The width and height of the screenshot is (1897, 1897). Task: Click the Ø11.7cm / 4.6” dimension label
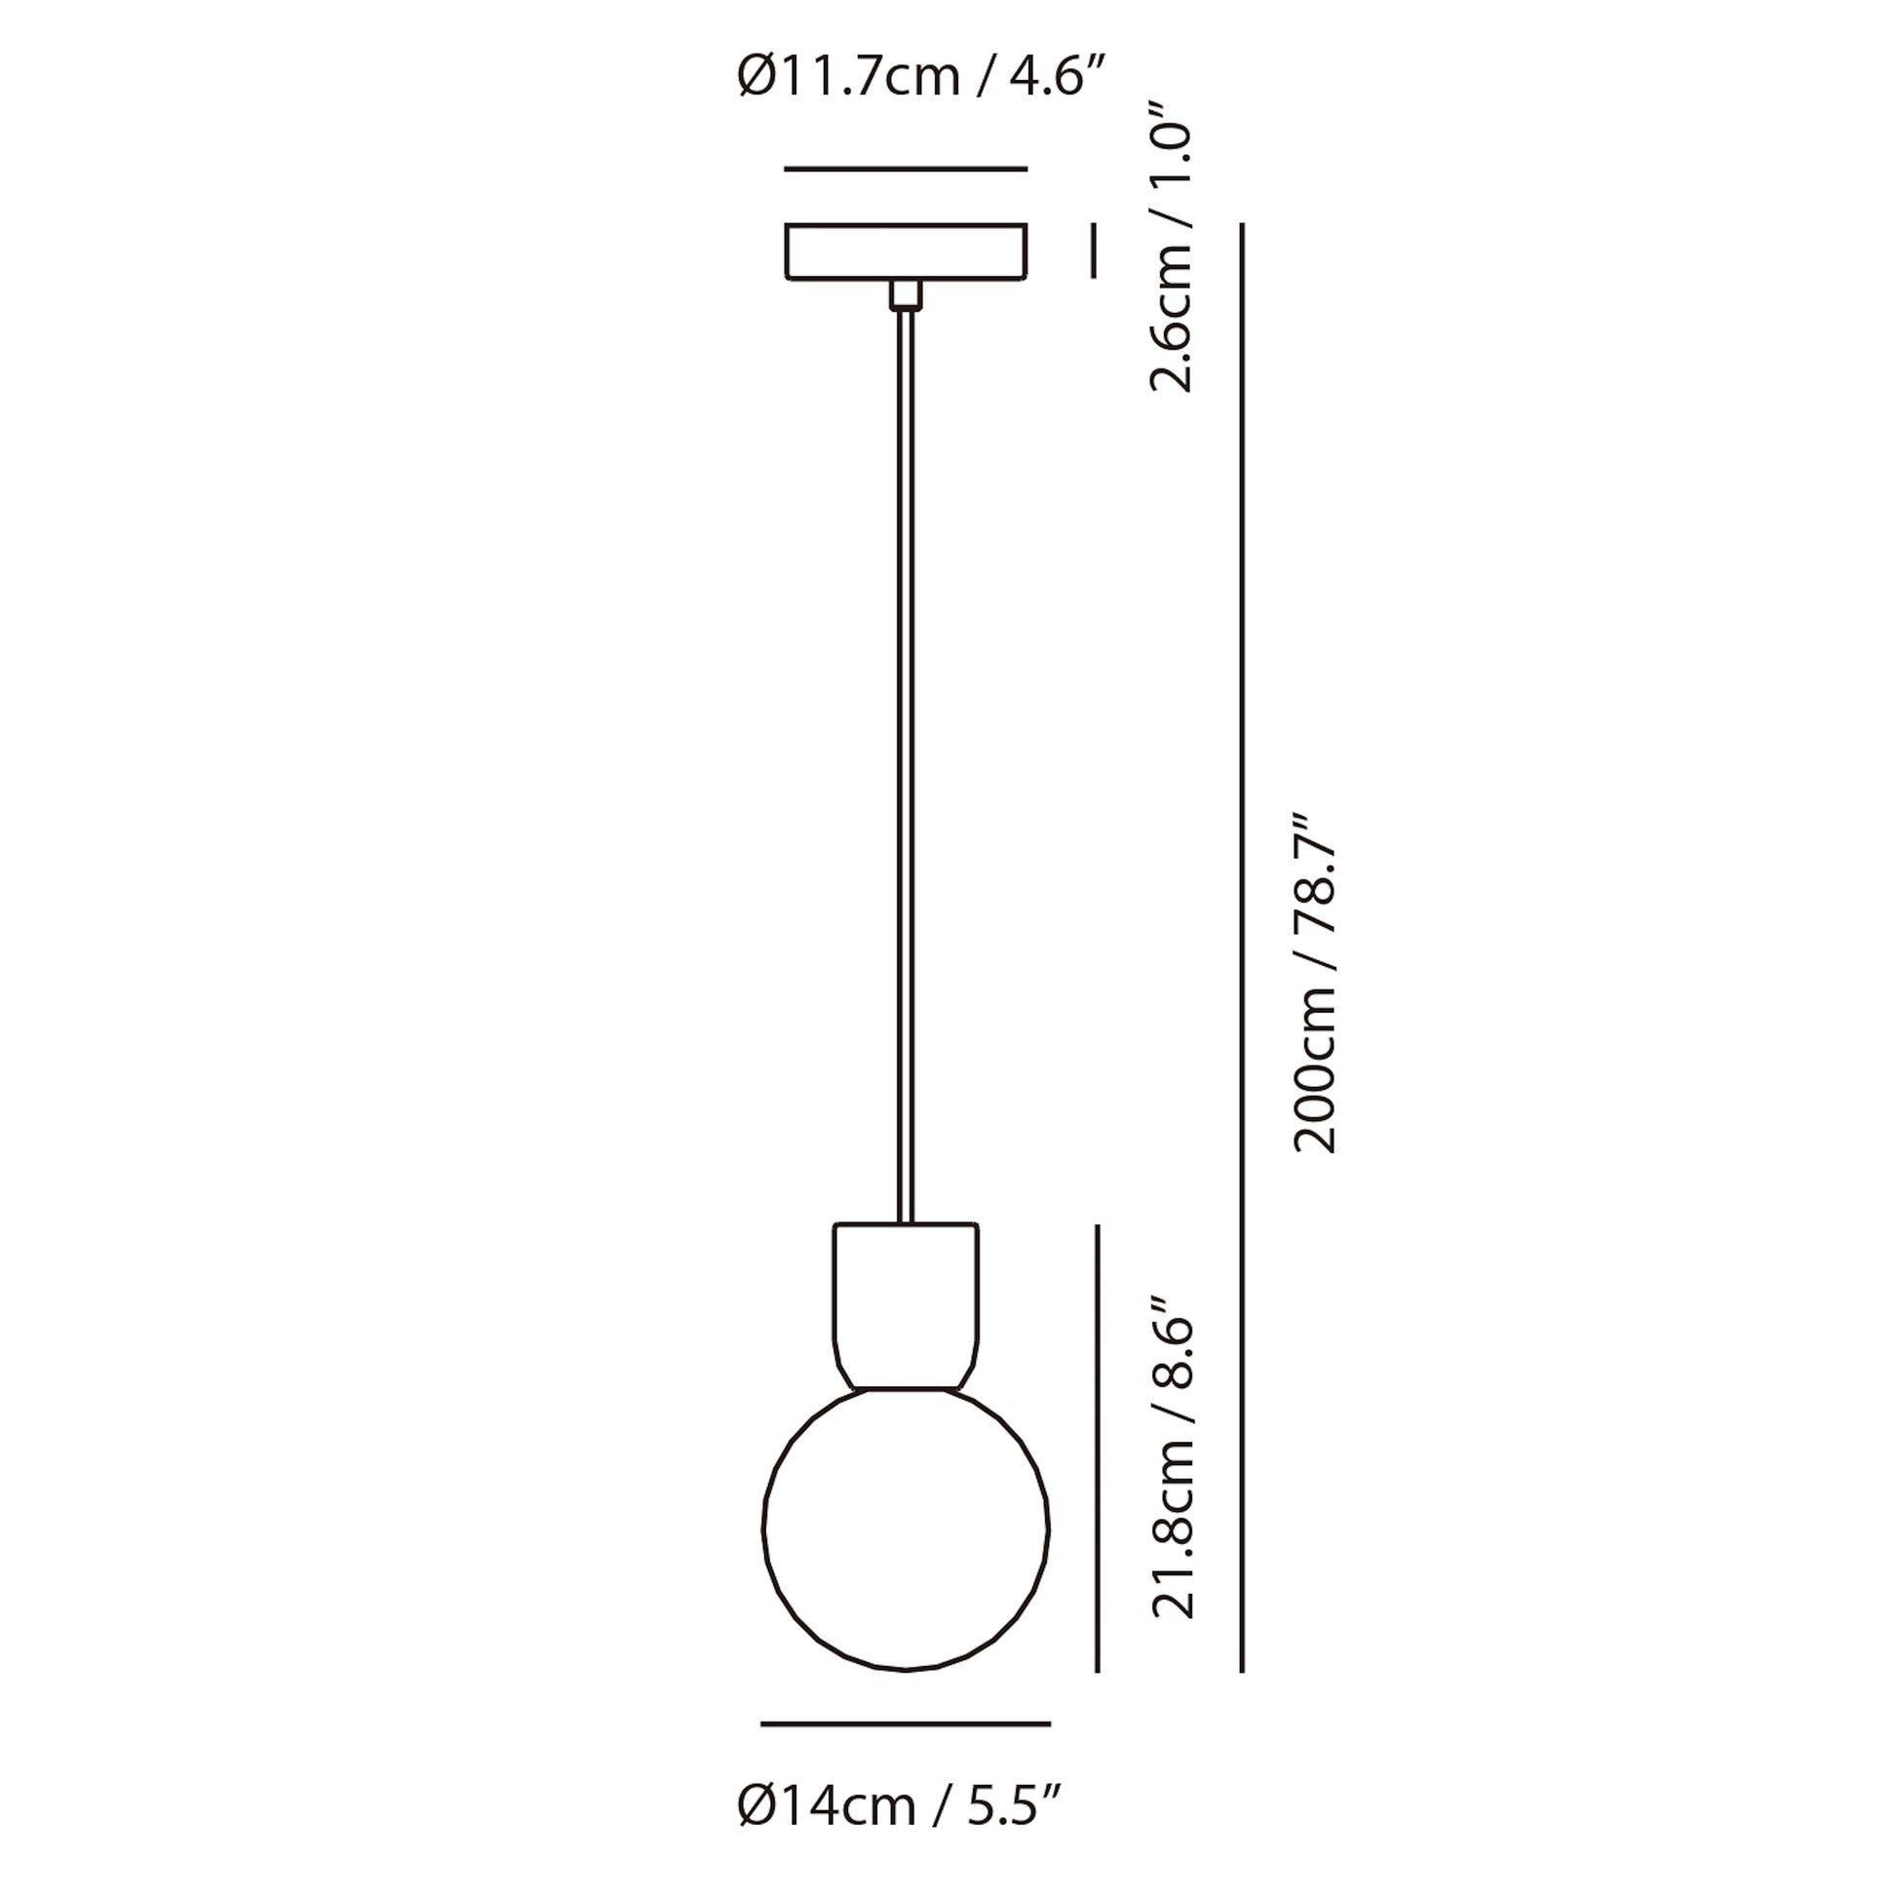pyautogui.click(x=922, y=77)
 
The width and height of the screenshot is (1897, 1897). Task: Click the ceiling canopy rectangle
pyautogui.click(x=906, y=252)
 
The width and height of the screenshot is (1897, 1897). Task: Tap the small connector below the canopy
pyautogui.click(x=906, y=295)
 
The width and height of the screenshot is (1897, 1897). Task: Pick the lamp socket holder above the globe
pyautogui.click(x=906, y=1305)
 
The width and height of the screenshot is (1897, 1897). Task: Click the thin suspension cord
pyautogui.click(x=906, y=766)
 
